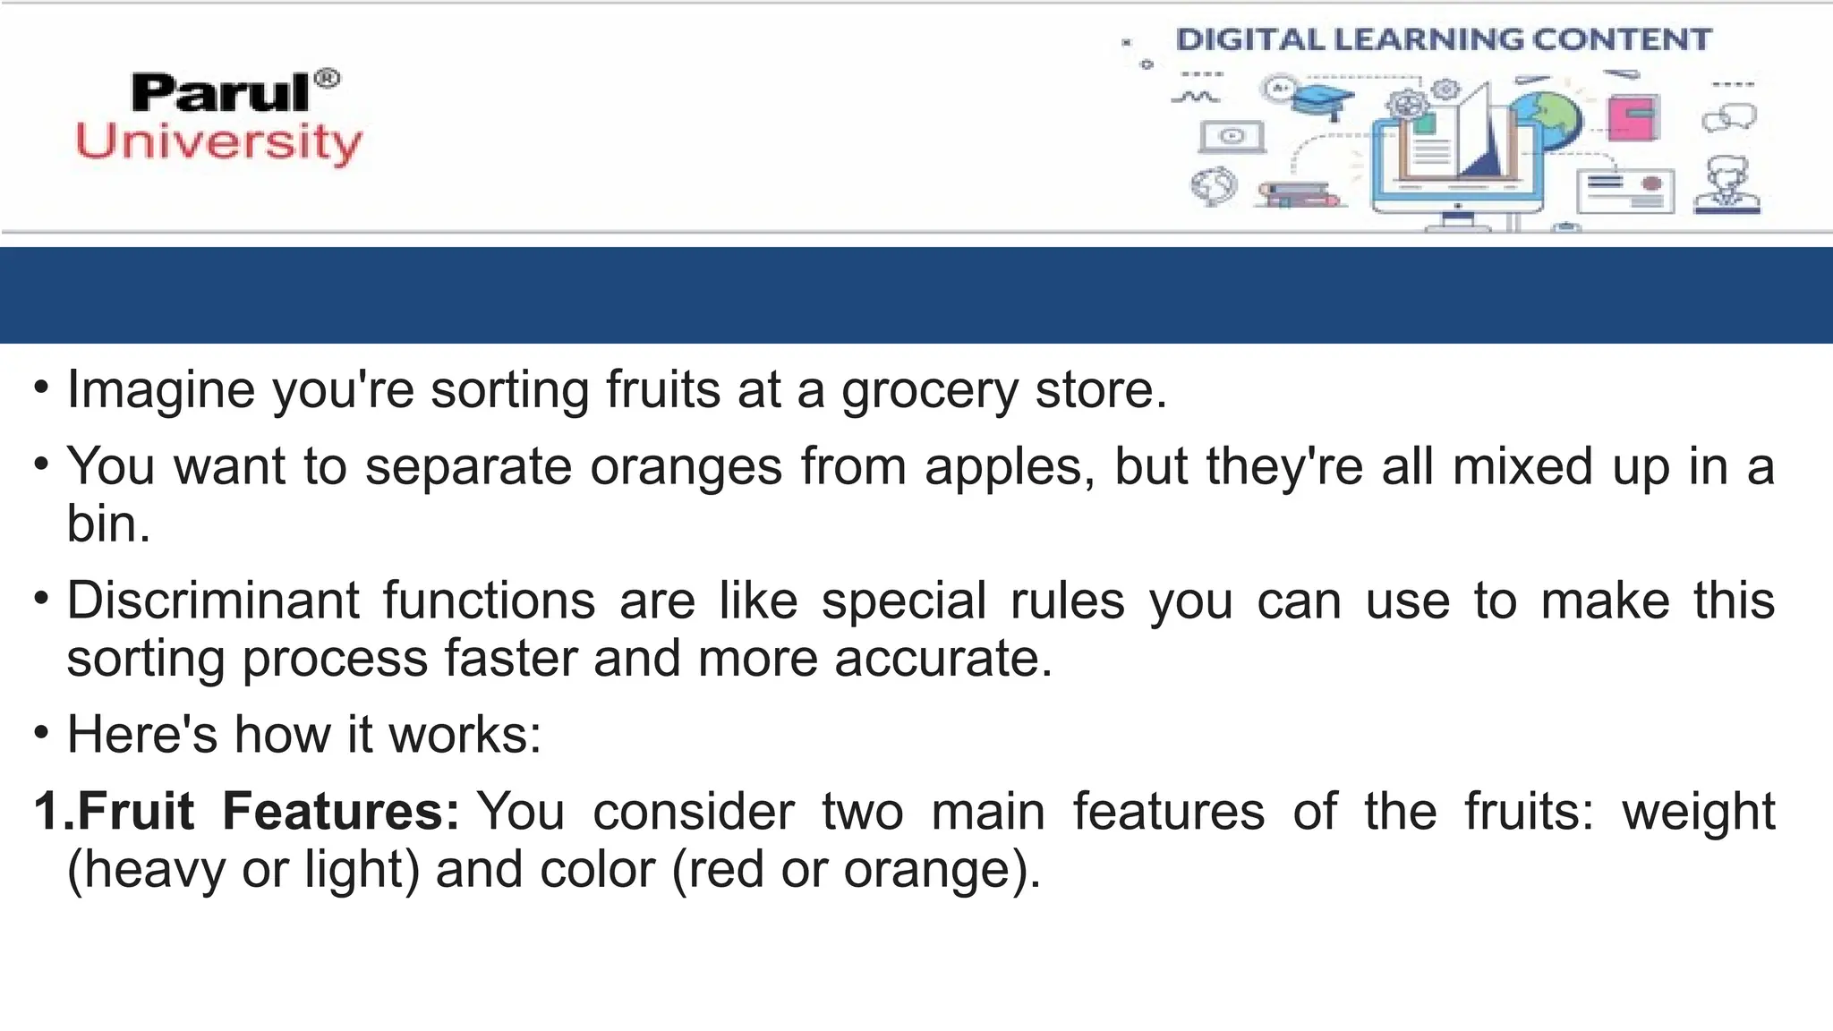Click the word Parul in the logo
[x=220, y=93]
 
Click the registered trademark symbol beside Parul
[x=328, y=79]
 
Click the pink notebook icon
[x=1633, y=117]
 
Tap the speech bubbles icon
[x=1729, y=117]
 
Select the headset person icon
[x=1726, y=185]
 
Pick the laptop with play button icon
[x=1232, y=136]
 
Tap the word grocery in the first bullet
[x=929, y=391]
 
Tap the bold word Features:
[x=340, y=812]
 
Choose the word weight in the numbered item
[x=1698, y=812]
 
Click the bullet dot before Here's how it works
[x=41, y=733]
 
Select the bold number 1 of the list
[x=47, y=812]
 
